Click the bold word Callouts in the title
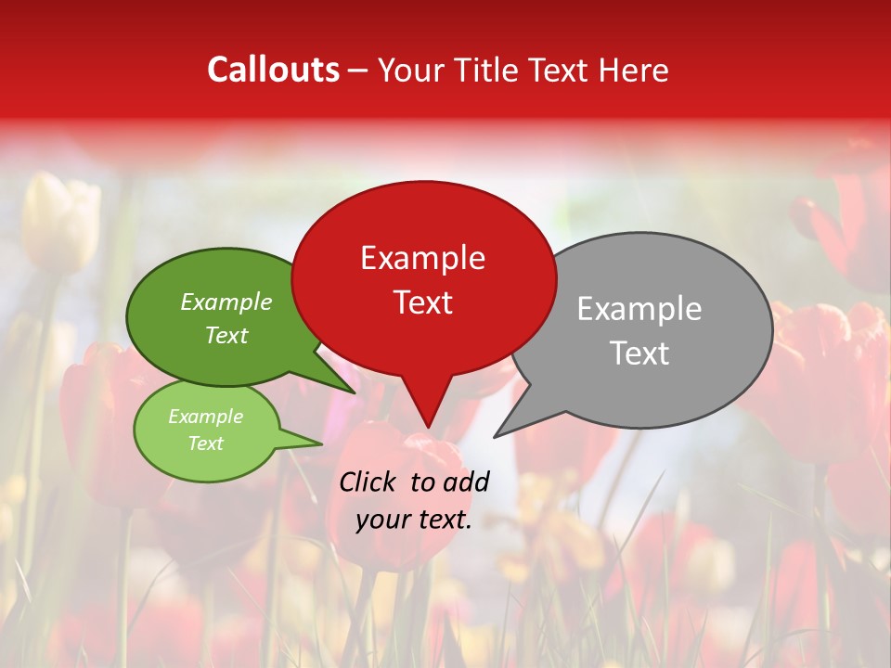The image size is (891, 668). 273,71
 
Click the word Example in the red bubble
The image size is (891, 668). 422,258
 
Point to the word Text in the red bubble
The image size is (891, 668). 422,302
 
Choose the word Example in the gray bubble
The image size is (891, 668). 639,309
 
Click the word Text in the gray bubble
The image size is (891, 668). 639,353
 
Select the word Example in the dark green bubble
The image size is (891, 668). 226,302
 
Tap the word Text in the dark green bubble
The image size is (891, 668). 226,336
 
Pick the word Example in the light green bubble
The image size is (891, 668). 205,417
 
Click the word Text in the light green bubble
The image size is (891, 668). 205,443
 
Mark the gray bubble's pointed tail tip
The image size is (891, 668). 495,437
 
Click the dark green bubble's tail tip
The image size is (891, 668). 355,393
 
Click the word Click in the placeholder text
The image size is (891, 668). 368,482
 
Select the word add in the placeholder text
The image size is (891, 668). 466,482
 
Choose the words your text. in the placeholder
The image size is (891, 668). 414,520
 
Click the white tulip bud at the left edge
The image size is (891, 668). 61,223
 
